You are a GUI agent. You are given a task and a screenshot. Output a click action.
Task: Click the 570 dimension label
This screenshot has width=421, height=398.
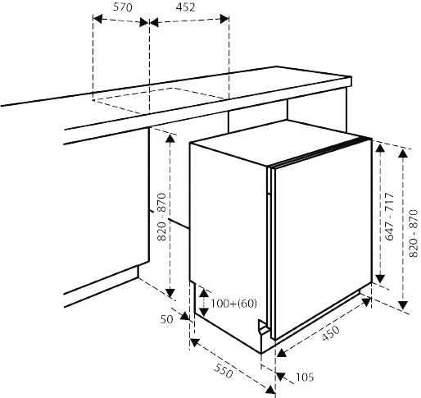tap(123, 7)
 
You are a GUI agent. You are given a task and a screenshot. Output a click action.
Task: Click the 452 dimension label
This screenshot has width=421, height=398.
tap(185, 7)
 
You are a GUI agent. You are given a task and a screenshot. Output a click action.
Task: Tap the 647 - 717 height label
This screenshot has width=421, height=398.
tap(389, 217)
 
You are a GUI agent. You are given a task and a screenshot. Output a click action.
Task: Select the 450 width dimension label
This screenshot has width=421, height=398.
tap(331, 333)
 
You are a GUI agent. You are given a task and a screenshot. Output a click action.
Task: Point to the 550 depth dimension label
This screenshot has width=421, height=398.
tap(224, 371)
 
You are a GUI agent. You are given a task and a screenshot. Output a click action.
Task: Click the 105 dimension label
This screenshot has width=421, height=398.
tap(305, 377)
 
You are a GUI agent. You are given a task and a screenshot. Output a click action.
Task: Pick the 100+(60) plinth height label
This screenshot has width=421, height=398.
tap(234, 304)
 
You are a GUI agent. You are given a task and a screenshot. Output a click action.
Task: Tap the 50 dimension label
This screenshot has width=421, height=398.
tap(166, 319)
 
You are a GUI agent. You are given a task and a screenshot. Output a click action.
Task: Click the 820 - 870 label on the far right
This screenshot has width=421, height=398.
tap(414, 233)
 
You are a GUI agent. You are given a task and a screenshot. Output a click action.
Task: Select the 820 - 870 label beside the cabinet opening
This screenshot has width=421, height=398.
tap(162, 217)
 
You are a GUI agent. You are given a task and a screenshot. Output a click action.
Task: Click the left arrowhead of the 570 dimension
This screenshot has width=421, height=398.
tap(97, 19)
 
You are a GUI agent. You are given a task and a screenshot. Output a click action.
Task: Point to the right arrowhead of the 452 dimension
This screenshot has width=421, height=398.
tap(224, 19)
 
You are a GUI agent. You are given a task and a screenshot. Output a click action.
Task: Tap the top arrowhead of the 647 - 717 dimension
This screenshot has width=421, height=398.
tap(380, 148)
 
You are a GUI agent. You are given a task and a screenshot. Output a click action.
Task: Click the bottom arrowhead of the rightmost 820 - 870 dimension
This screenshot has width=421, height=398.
tap(403, 305)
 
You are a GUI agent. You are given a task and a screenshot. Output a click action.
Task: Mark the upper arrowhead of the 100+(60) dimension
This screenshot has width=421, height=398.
tap(204, 293)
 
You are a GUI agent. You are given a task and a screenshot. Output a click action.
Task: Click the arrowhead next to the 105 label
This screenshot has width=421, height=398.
tap(280, 377)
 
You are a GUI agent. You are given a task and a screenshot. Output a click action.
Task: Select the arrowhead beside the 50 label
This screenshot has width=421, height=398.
tap(185, 316)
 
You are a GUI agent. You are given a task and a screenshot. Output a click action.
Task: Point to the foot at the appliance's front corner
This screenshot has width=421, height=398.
tap(263, 327)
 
